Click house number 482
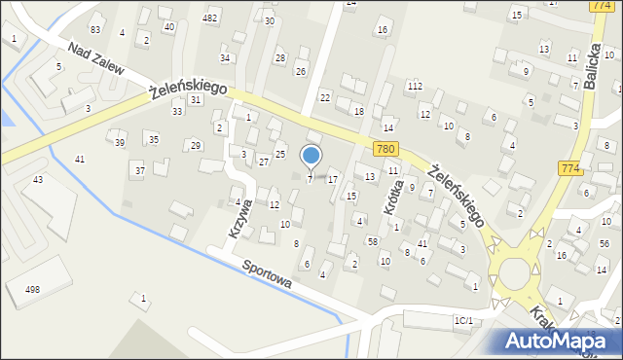209,18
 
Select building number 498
33,289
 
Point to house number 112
415,87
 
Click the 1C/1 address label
463,320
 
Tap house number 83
94,30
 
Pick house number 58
372,240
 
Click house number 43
38,180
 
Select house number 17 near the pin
333,179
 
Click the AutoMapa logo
560,340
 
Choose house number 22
325,97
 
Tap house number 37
139,170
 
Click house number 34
225,58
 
